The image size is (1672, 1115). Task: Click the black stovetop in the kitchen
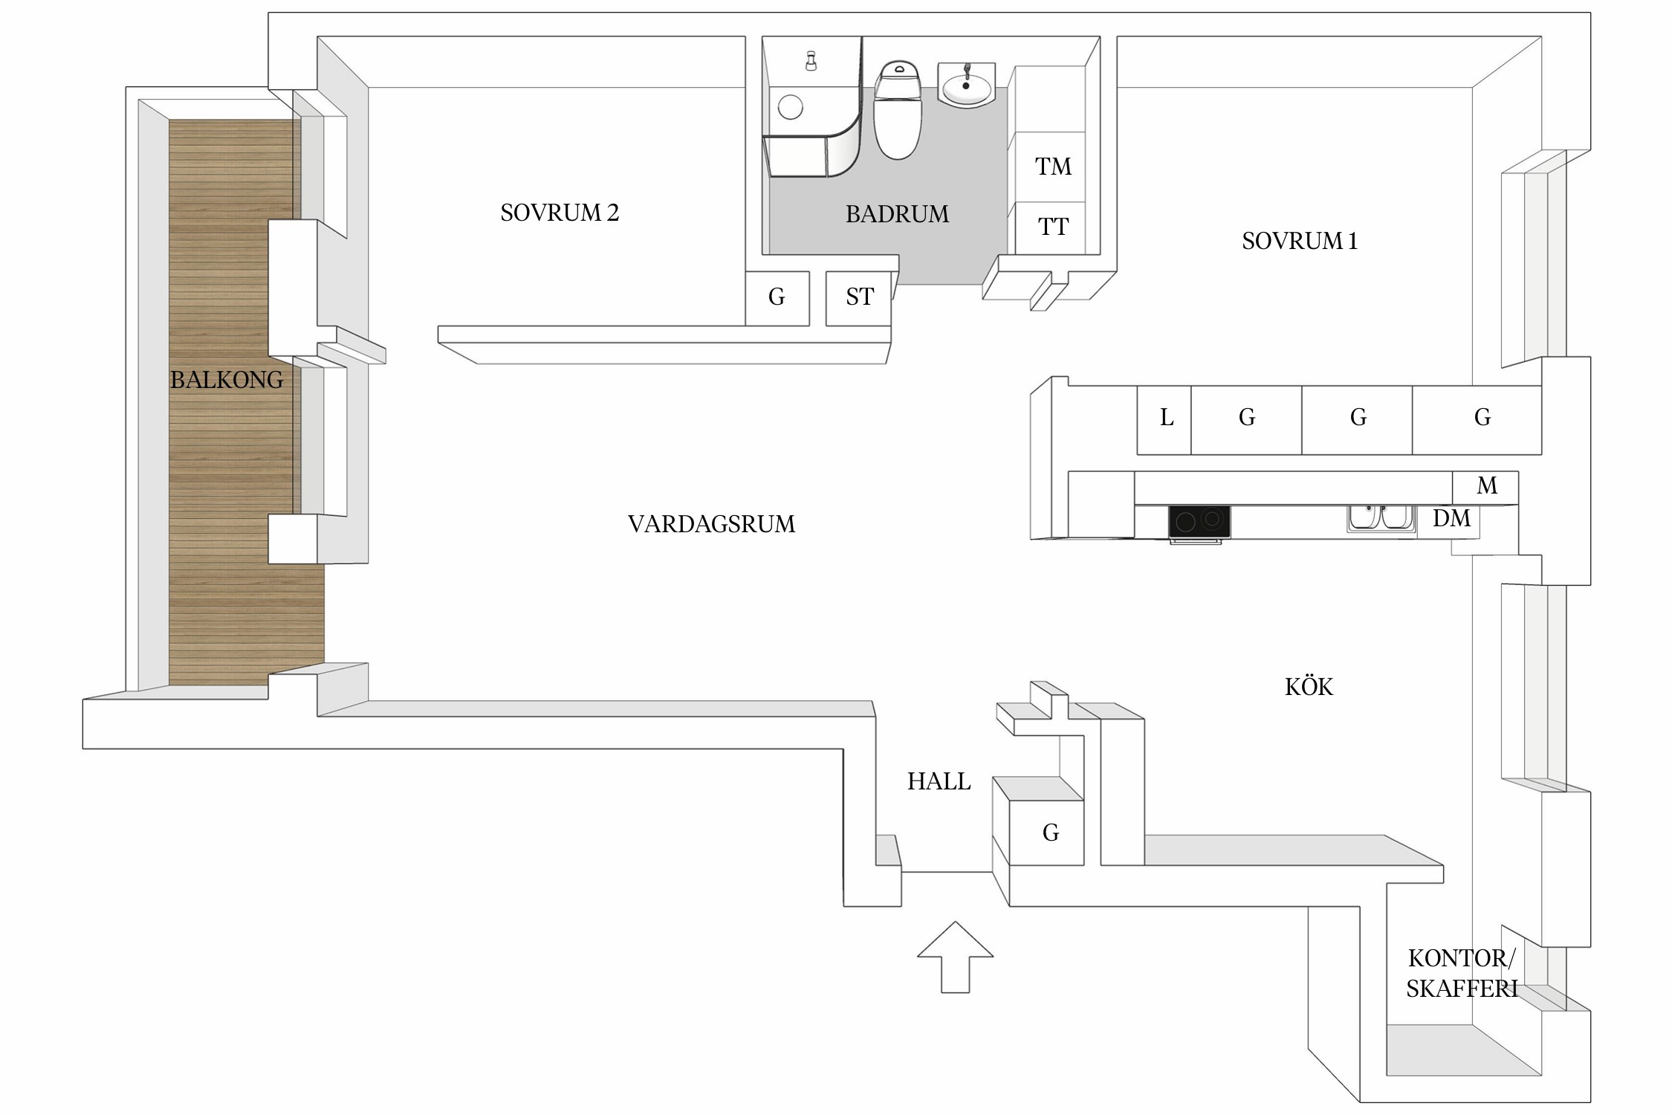[x=1199, y=521]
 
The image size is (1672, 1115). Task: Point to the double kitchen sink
[x=1380, y=517]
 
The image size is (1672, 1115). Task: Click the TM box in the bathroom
[x=1053, y=167]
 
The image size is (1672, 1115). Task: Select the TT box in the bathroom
[x=1053, y=227]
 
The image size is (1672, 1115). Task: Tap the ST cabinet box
[x=859, y=297]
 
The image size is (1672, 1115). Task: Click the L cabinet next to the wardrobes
[x=1164, y=418]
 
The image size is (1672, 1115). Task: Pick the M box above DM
[x=1485, y=486]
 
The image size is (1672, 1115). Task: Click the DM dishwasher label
[x=1451, y=518]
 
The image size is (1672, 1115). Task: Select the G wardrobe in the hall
[x=1049, y=833]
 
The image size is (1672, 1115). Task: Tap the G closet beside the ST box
[x=777, y=297]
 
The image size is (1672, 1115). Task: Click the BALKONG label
[x=227, y=380]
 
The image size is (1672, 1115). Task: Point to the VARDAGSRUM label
[x=711, y=524]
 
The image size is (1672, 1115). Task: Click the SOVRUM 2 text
[x=559, y=213]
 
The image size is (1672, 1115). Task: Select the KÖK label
[x=1309, y=687]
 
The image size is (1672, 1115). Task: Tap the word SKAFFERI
[x=1461, y=989]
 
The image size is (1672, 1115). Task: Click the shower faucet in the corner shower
[x=811, y=61]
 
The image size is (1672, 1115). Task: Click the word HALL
[x=939, y=781]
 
